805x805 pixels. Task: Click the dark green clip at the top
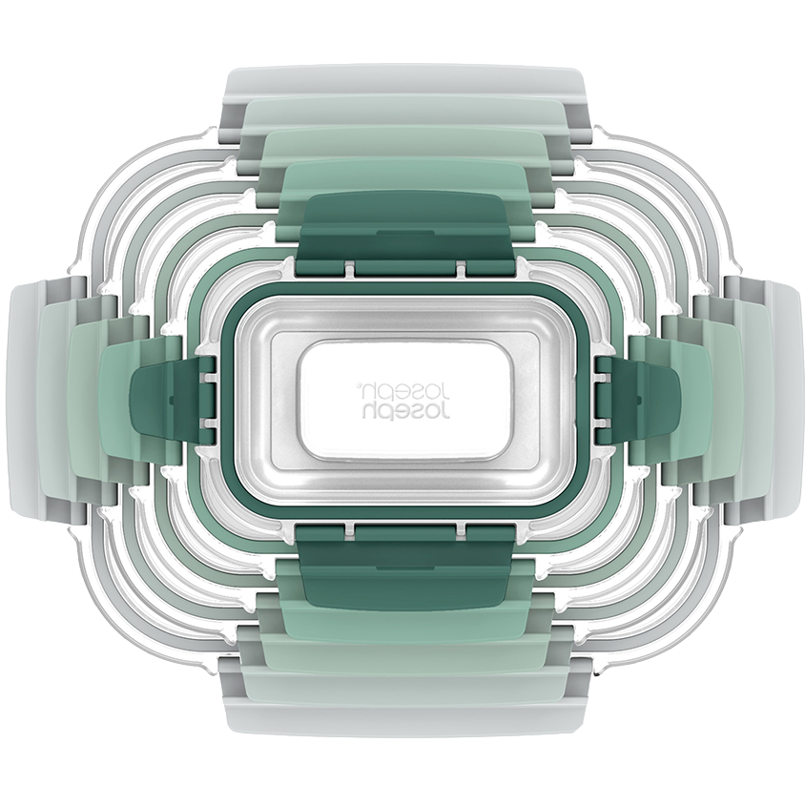pyautogui.click(x=405, y=234)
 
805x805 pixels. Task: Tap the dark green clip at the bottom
pyautogui.click(x=405, y=568)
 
